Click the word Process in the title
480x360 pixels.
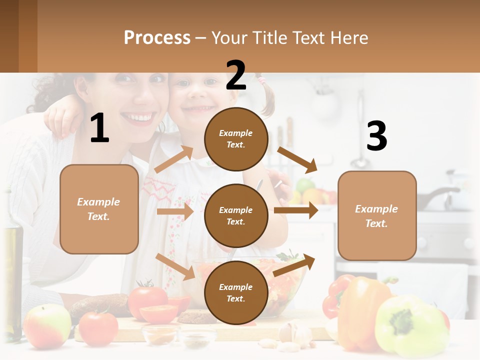click(x=157, y=37)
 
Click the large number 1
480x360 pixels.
click(x=99, y=128)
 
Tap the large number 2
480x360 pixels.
click(x=236, y=75)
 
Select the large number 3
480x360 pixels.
click(x=376, y=136)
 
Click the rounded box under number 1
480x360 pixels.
click(x=99, y=209)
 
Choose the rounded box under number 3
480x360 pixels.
click(x=377, y=215)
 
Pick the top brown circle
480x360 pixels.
click(x=236, y=139)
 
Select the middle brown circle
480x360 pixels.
click(x=236, y=215)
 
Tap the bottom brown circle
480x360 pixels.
click(x=236, y=292)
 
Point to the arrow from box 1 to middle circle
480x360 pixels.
click(x=175, y=211)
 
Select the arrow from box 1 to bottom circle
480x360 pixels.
click(x=175, y=266)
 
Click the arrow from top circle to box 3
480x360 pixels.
click(x=297, y=159)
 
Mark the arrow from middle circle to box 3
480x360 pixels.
click(x=296, y=210)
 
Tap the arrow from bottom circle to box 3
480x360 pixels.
click(x=294, y=265)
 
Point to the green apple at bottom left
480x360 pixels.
click(x=47, y=326)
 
